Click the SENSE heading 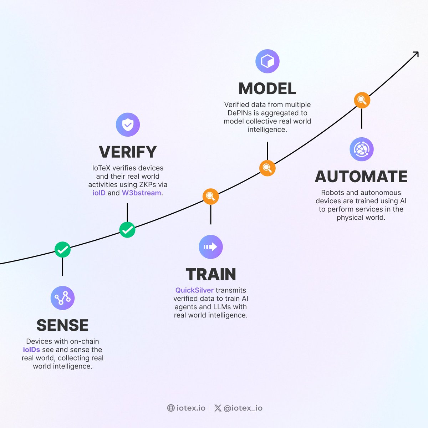tap(62, 325)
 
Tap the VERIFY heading tap(128, 152)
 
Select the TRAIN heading tap(211, 274)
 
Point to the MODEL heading tap(267, 89)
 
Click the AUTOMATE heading tap(361, 177)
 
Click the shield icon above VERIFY tap(128, 124)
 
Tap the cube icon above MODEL tap(267, 61)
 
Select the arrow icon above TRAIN tap(210, 247)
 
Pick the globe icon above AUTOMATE tap(361, 149)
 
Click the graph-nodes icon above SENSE tap(62, 298)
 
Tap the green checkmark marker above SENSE tap(62, 250)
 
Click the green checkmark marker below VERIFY tap(127, 230)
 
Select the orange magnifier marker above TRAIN tap(210, 197)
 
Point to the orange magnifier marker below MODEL tap(267, 168)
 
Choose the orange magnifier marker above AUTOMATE tap(362, 100)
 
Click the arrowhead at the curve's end tap(416, 54)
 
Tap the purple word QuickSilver tap(194, 290)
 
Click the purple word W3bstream tap(142, 193)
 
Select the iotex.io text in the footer tap(191, 408)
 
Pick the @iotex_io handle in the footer tap(243, 408)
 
